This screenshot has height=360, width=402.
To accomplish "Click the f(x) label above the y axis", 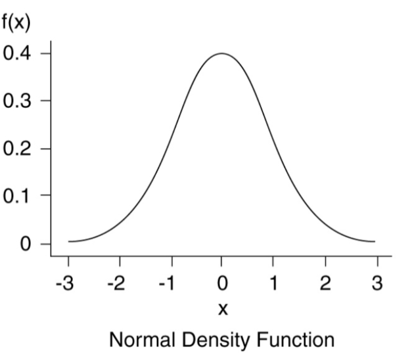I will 15,22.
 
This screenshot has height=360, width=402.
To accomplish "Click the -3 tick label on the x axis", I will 65,283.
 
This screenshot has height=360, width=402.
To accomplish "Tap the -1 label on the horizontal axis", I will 169,283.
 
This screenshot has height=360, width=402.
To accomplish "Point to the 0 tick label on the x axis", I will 223,283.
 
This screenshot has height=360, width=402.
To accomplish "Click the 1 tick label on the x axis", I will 274,283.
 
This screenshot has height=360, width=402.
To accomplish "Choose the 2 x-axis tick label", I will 326,283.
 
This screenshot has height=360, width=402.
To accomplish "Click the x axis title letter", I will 223,308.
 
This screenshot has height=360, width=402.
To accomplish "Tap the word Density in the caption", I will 212,340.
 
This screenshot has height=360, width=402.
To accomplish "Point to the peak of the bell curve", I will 222,53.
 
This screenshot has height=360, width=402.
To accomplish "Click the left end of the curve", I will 69,241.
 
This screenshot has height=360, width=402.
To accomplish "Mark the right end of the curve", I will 374,241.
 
